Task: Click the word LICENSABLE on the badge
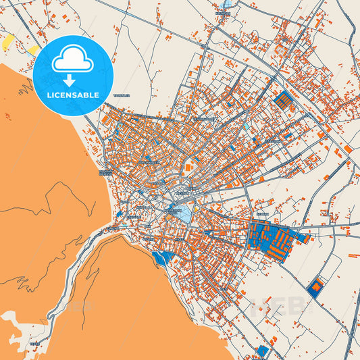73,95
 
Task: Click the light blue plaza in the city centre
183,213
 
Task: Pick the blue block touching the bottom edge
263,352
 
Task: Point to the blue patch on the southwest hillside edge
163,259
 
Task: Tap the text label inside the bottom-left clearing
34,344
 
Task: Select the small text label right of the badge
122,96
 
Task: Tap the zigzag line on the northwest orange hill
27,87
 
